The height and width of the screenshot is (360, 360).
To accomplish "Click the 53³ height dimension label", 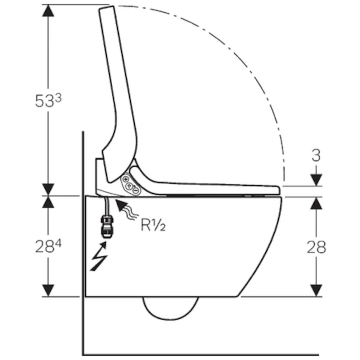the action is click(48, 100).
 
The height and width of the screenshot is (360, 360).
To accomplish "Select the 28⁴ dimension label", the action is click(48, 246).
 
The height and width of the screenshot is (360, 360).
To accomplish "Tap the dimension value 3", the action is click(316, 156).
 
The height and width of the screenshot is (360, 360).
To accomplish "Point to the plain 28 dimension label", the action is click(316, 247).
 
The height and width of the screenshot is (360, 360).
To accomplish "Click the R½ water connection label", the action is click(153, 225).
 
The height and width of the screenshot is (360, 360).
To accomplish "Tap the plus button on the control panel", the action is click(126, 179).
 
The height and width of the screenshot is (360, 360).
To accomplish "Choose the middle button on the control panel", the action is click(129, 185).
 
